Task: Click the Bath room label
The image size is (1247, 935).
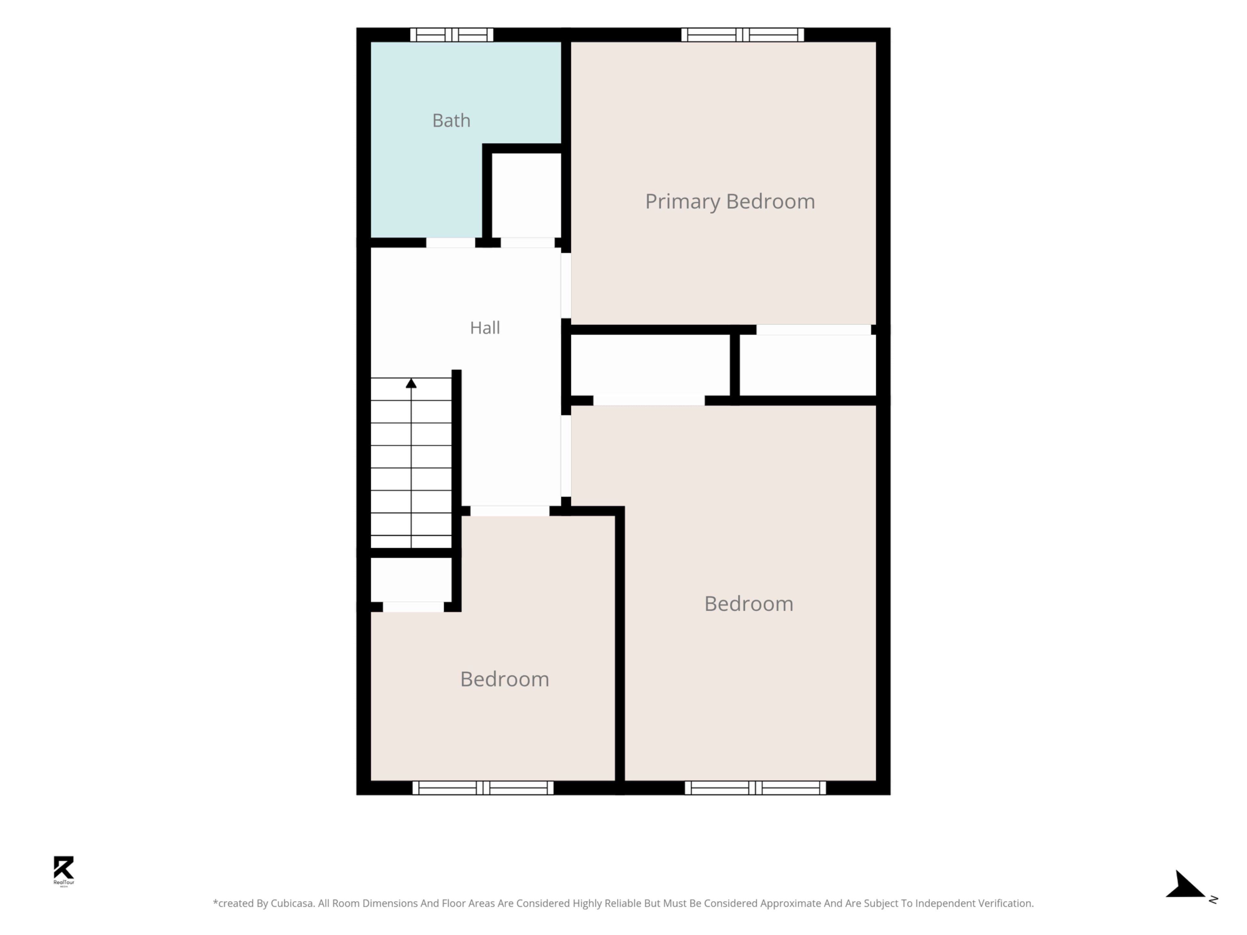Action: point(451,121)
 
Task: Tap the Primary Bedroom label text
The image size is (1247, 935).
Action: point(730,202)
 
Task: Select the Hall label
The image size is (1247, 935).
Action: point(485,328)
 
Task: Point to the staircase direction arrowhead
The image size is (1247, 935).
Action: point(411,383)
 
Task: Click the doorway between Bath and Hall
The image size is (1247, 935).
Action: point(450,243)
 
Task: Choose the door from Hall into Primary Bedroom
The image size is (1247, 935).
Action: point(566,286)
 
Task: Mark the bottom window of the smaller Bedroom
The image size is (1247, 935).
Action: point(483,788)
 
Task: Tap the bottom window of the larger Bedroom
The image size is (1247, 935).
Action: point(755,788)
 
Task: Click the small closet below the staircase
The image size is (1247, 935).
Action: point(411,580)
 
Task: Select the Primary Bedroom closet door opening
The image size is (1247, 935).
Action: point(813,330)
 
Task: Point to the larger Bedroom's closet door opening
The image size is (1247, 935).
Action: point(649,401)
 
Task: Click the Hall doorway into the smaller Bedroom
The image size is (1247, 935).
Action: point(510,511)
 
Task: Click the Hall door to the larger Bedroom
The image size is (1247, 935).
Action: point(566,456)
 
